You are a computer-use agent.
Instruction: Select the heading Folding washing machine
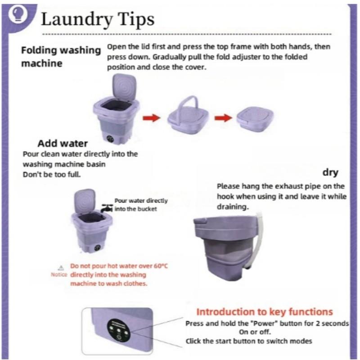point(61,57)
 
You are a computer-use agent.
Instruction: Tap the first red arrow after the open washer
point(152,118)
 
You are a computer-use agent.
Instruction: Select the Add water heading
point(62,144)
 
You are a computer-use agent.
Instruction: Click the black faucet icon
point(107,208)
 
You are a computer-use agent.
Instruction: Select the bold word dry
point(331,172)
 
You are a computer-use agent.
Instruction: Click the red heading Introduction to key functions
point(265,312)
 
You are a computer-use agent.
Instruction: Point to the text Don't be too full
point(52,174)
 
